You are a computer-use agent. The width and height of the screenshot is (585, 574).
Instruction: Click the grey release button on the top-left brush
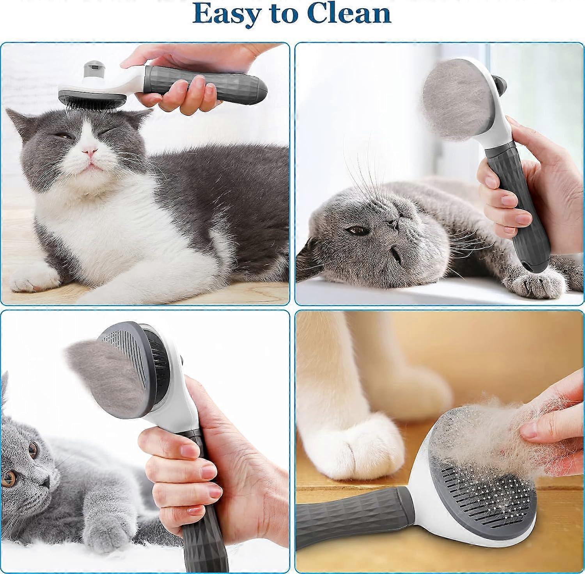tap(91, 69)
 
